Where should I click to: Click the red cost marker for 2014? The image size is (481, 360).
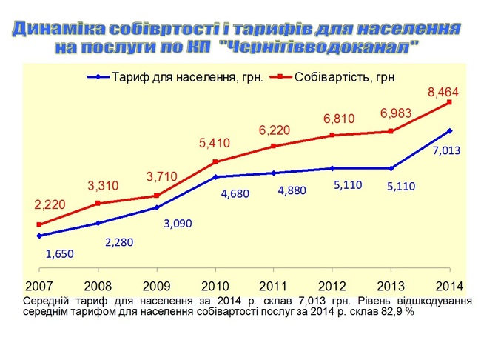449,102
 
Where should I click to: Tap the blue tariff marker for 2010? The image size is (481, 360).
215,177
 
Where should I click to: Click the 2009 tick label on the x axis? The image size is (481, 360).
156,286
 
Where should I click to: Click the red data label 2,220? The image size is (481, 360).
39,204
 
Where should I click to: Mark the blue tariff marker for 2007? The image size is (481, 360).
38,236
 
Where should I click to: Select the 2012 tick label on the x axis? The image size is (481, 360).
332,286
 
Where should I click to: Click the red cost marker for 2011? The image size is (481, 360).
274,146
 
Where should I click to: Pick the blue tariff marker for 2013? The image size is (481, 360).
391,168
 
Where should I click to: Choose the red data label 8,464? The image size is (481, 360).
444,93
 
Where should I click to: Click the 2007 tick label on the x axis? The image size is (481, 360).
38,286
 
